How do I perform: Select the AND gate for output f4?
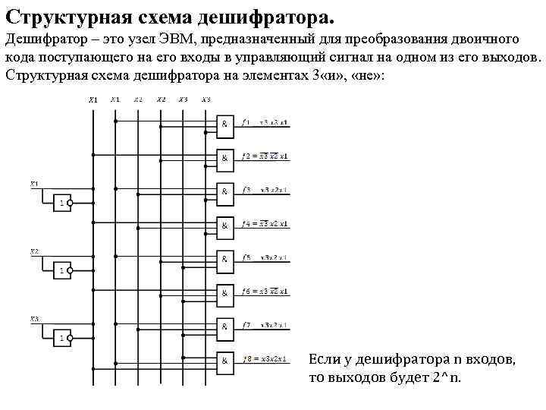tap(227, 225)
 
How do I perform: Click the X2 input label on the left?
tap(35, 251)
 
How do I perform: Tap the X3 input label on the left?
tap(35, 317)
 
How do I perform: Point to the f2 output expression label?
tap(265, 156)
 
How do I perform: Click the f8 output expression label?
tap(265, 358)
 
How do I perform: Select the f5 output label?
tap(247, 257)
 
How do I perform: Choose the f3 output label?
tap(247, 190)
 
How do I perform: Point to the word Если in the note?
tap(324, 358)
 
